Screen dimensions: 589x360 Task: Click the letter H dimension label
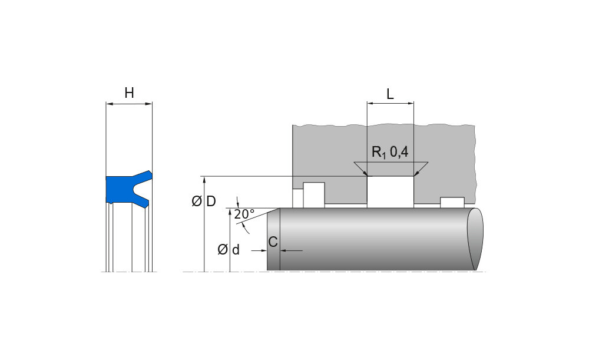[129, 93]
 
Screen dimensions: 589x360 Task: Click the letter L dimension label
[391, 94]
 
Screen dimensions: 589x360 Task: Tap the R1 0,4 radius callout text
[390, 152]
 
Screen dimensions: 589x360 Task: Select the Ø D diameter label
[204, 202]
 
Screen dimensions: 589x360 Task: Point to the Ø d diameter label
[229, 249]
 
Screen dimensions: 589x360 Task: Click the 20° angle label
[244, 214]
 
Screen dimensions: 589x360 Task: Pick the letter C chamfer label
[273, 242]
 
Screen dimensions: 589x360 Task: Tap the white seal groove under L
[391, 191]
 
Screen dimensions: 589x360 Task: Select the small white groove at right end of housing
[452, 203]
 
